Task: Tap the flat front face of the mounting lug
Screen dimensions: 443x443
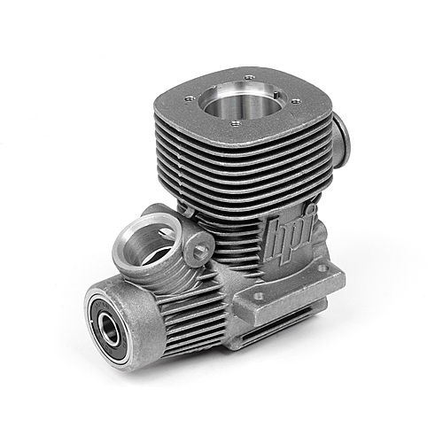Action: tap(284, 310)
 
